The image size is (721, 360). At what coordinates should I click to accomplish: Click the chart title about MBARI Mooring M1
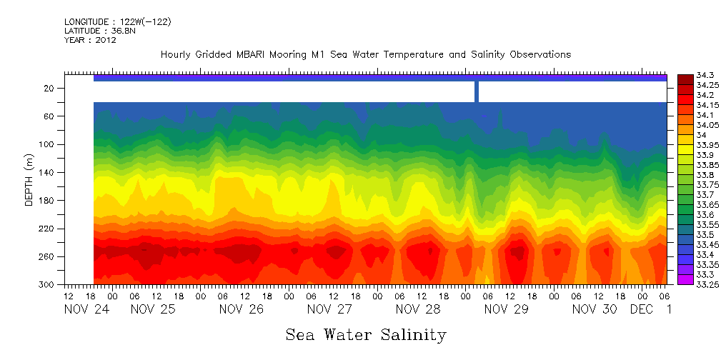pos(366,55)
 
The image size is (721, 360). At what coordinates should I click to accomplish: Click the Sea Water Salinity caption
pos(366,335)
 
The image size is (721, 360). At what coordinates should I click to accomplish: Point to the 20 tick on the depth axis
pos(49,88)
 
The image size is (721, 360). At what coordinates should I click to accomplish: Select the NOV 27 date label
pos(329,309)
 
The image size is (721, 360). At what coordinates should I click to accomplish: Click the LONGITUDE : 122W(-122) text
pos(118,22)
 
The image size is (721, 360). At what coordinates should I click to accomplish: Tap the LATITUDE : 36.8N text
pos(99,31)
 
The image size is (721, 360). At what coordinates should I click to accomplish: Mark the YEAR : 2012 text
pos(90,41)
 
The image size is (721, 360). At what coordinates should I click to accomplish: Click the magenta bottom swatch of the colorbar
pos(685,280)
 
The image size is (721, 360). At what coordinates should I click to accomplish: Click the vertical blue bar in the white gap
pos(477,91)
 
